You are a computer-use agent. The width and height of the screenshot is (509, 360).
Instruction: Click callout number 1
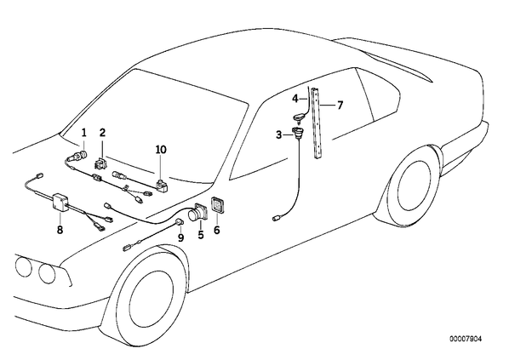(84, 133)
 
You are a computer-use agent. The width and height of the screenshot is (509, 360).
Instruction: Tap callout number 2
(103, 133)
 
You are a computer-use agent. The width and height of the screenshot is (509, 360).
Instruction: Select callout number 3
(279, 134)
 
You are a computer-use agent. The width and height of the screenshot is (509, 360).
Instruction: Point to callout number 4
(295, 98)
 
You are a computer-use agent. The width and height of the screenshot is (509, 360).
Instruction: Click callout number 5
(201, 234)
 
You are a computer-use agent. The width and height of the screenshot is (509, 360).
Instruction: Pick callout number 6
(217, 230)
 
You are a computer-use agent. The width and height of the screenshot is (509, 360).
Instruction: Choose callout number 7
(340, 106)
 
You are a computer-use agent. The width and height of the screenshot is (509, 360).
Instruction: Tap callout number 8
(60, 230)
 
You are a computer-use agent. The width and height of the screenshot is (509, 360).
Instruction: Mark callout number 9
(180, 238)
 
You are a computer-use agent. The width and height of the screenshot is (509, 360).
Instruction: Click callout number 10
(161, 150)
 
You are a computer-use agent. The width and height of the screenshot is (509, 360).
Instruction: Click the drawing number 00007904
(466, 339)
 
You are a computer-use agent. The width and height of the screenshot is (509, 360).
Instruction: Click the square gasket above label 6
(217, 205)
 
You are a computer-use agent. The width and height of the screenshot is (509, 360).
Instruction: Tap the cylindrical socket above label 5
(197, 213)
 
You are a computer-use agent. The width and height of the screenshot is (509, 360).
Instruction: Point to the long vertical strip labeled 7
(317, 123)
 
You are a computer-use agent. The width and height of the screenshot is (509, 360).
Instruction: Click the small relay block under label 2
(100, 163)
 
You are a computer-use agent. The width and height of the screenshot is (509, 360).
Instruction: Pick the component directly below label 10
(162, 185)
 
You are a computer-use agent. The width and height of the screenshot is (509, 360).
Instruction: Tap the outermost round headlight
(23, 266)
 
